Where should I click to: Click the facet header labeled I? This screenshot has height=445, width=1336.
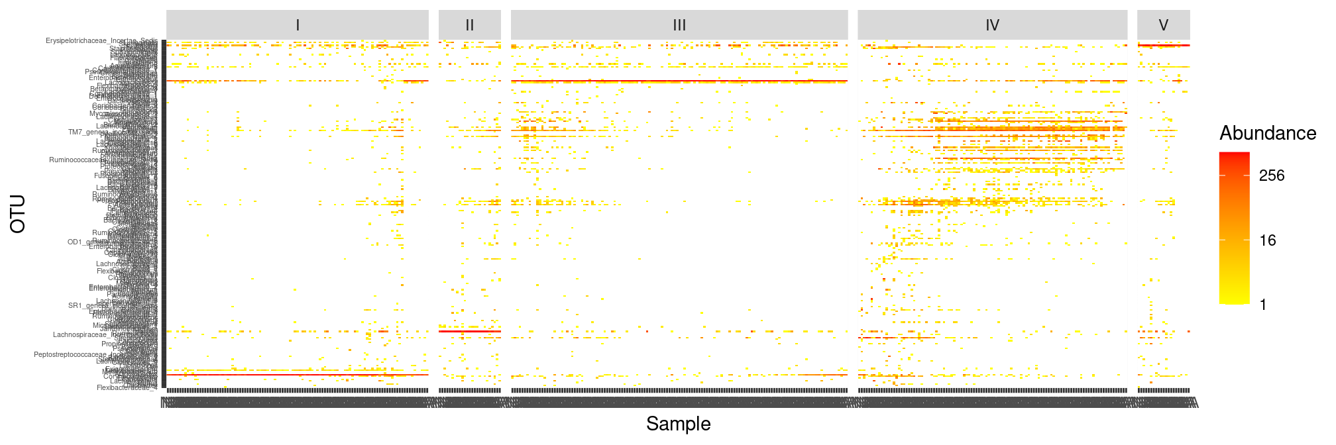pyautogui.click(x=298, y=25)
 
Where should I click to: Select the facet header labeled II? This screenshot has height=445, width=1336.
pyautogui.click(x=469, y=25)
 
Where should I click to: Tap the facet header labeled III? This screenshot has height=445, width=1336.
pyautogui.click(x=679, y=25)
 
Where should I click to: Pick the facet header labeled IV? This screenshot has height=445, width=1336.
pyautogui.click(x=992, y=25)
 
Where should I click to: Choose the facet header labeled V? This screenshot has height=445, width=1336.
pyautogui.click(x=1163, y=25)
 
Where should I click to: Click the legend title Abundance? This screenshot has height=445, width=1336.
pyautogui.click(x=1267, y=133)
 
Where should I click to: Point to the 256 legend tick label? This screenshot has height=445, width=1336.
pyautogui.click(x=1272, y=175)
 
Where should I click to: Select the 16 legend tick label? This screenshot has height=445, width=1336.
pyautogui.click(x=1268, y=240)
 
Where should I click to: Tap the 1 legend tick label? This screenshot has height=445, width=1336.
pyautogui.click(x=1263, y=305)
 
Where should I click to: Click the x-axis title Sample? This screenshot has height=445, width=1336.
pyautogui.click(x=678, y=424)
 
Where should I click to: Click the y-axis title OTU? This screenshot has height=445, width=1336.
pyautogui.click(x=18, y=213)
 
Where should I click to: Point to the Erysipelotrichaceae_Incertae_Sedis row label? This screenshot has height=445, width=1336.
pyautogui.click(x=101, y=41)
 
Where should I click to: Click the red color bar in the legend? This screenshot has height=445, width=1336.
pyautogui.click(x=1234, y=228)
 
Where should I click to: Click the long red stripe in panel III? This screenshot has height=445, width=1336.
pyautogui.click(x=679, y=81)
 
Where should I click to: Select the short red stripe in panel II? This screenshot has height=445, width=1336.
pyautogui.click(x=469, y=331)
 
